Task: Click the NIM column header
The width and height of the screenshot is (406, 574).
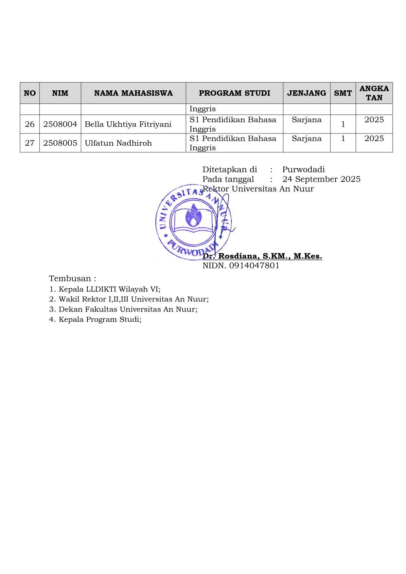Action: coord(60,93)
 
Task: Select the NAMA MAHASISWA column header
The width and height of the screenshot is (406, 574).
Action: coord(133,93)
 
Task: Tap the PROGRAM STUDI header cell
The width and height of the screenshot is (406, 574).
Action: coord(234,93)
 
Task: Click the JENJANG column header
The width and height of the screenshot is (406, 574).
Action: coord(307,93)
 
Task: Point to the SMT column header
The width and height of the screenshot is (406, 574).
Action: coord(343,93)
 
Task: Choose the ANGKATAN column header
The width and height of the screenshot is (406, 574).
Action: coord(374,93)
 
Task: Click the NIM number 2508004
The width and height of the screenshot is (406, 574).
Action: coord(60,124)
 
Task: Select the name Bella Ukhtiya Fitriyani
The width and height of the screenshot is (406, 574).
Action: coord(128,124)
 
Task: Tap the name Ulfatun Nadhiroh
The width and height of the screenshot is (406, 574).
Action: coord(118,143)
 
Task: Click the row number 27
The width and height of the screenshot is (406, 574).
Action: coord(30,143)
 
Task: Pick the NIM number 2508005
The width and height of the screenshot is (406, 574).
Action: coord(60,143)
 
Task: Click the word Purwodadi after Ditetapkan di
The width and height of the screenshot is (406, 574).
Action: coord(303,170)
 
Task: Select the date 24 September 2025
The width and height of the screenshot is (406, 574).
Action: coord(321,179)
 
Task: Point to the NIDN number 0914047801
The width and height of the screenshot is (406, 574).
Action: coord(254,266)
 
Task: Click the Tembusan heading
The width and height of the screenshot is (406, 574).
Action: coord(72,279)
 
